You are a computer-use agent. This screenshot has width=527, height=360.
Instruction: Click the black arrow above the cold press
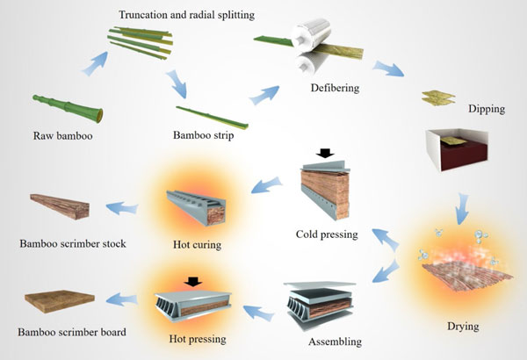pos(326,154)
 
